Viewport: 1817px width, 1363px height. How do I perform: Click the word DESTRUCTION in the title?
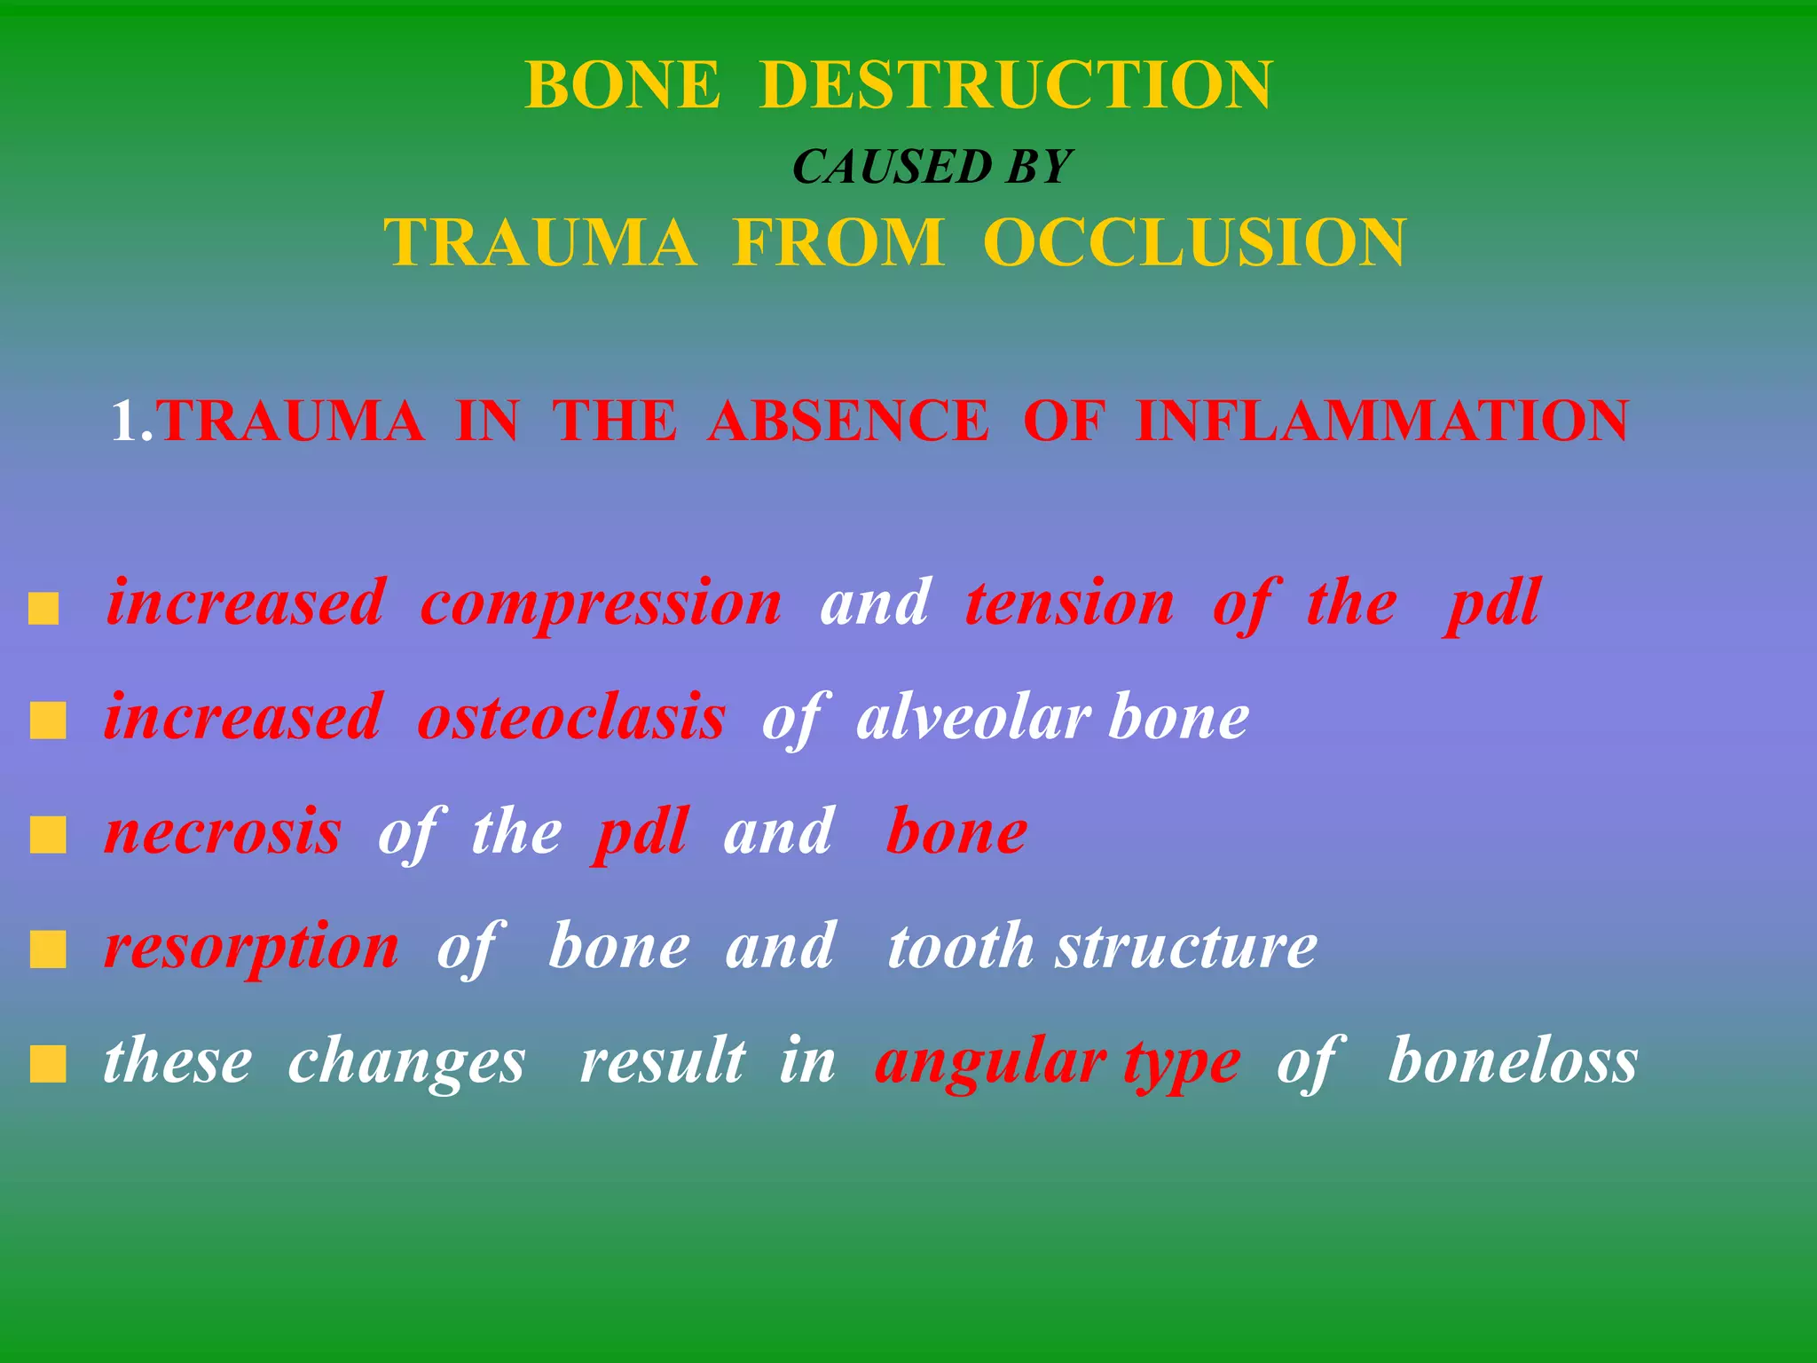1016,85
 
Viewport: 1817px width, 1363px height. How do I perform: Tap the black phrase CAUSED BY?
932,167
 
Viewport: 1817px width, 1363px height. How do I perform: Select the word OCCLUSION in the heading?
1194,242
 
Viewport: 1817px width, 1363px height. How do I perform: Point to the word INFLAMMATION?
1381,421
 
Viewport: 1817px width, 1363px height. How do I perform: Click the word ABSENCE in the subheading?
847,421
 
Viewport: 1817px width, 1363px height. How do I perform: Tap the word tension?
1070,603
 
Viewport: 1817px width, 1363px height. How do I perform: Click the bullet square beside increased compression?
44,611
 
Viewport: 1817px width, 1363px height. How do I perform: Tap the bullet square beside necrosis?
48,835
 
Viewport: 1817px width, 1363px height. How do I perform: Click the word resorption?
252,948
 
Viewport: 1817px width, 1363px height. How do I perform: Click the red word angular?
990,1061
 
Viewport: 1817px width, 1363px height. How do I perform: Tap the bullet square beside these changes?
48,1065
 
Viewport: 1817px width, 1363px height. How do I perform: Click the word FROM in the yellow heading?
838,242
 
